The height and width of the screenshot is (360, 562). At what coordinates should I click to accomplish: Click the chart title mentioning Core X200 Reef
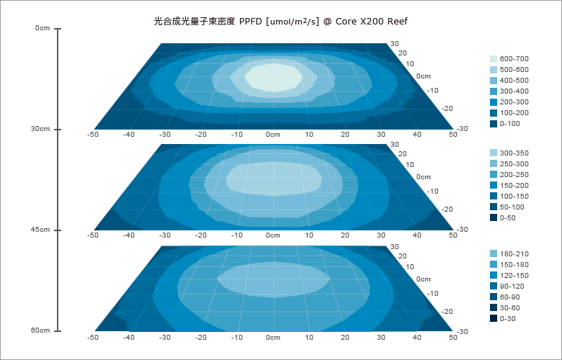(281, 22)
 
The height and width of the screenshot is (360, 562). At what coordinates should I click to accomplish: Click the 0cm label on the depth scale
(43, 28)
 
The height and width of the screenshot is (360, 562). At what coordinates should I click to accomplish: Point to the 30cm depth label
(40, 129)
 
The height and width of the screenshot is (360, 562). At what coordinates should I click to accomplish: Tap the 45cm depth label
(40, 230)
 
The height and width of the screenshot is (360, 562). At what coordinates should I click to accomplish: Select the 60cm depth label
(40, 330)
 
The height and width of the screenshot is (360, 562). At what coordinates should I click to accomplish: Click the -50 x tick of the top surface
(92, 134)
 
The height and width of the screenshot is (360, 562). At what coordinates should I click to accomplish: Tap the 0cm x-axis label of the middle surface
(272, 235)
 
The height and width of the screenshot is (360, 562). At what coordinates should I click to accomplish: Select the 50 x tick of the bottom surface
(452, 336)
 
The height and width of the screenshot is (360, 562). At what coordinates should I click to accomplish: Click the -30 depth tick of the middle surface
(463, 230)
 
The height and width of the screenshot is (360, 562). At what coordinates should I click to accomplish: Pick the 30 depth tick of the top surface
(394, 43)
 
